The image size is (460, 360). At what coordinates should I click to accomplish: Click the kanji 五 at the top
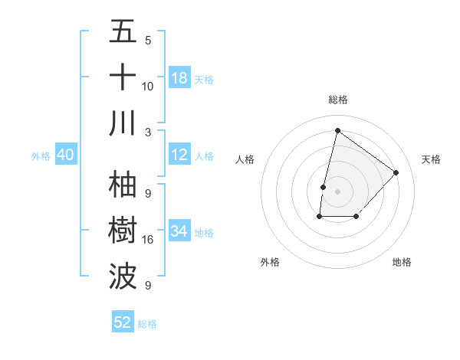click(x=123, y=33)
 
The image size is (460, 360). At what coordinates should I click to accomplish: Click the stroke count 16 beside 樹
click(x=148, y=240)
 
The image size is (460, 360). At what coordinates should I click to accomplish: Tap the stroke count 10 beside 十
click(x=148, y=86)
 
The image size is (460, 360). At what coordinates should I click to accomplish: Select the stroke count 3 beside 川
click(x=148, y=132)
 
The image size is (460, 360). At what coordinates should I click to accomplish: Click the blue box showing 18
click(x=179, y=78)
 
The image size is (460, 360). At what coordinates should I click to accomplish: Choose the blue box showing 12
click(x=179, y=155)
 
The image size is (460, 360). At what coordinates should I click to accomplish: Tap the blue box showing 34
click(x=179, y=231)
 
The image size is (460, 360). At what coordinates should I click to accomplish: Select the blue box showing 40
click(x=66, y=155)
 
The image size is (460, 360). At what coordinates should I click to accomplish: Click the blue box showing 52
click(x=123, y=322)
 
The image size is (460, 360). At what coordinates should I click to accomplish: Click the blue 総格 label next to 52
click(x=147, y=324)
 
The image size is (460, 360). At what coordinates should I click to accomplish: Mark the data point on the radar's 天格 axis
click(x=396, y=172)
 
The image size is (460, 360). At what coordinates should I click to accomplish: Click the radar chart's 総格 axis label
click(x=337, y=100)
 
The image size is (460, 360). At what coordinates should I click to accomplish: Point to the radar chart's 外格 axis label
click(x=270, y=262)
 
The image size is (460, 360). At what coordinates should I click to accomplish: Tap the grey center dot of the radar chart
click(x=337, y=191)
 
